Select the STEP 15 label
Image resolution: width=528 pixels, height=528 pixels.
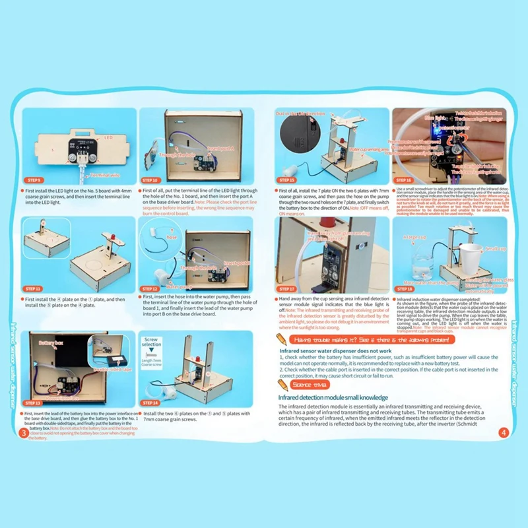(x=287, y=180)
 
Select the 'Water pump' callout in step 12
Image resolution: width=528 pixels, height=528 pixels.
(x=160, y=286)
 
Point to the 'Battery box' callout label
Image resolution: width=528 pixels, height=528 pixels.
(x=50, y=343)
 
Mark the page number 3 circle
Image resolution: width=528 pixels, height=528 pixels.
(x=24, y=433)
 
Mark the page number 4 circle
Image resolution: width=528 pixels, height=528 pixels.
(x=503, y=434)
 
